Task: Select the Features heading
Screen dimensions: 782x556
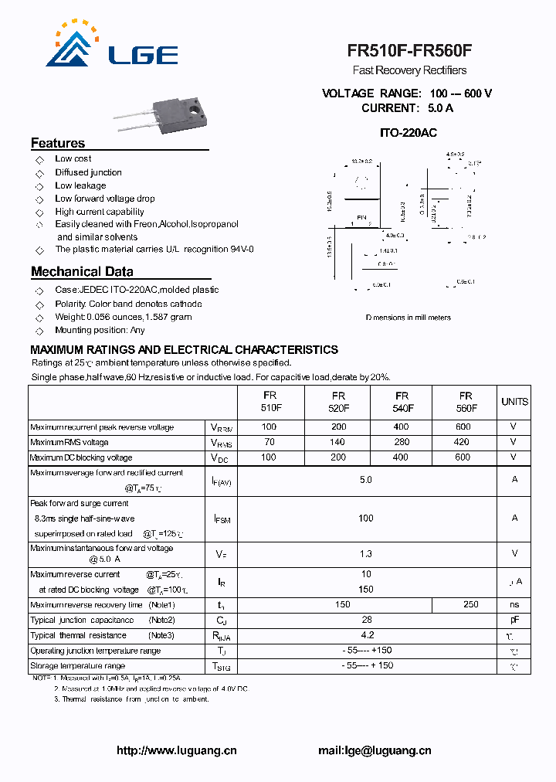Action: (58, 143)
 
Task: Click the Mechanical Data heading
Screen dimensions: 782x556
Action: (82, 272)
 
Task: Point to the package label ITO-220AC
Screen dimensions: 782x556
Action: (409, 133)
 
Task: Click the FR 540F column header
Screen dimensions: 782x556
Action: (402, 402)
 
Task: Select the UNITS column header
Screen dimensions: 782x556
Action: (514, 402)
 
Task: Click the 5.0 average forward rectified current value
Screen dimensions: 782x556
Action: (366, 480)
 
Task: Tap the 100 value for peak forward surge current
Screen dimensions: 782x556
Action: (366, 518)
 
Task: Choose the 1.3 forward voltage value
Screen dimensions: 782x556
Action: (366, 554)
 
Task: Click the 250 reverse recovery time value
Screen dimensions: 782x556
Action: (470, 604)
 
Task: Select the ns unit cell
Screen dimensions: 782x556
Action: (514, 604)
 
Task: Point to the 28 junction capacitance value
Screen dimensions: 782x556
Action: (367, 620)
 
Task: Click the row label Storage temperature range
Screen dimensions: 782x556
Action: (77, 665)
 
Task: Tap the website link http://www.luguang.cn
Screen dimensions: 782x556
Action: (177, 750)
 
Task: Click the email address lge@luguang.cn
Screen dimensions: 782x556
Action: (375, 750)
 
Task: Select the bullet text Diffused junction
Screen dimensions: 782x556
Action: (88, 172)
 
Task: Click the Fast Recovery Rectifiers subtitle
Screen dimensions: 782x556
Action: (409, 70)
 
